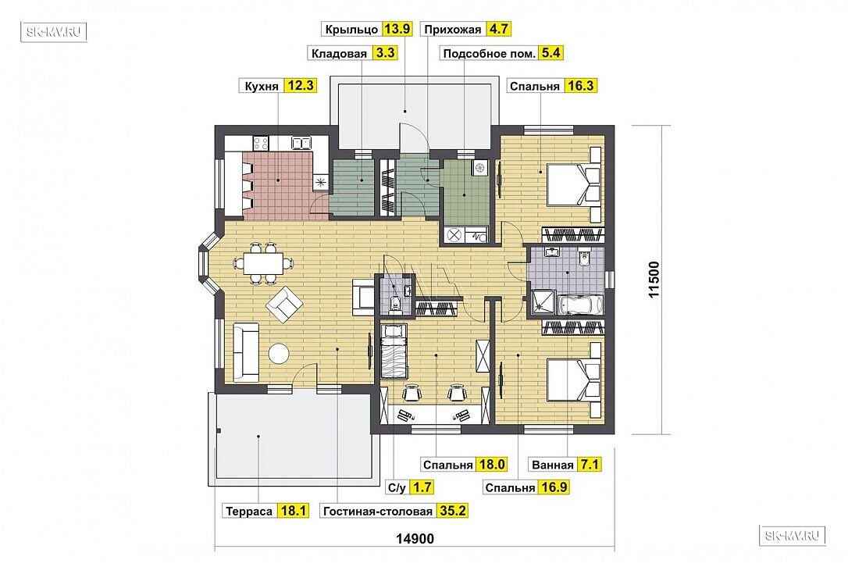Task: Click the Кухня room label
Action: (x=262, y=86)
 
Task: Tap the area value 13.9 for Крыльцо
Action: (x=397, y=29)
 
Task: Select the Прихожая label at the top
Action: (x=452, y=29)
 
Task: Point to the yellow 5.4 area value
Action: (x=551, y=53)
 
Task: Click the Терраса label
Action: (x=249, y=512)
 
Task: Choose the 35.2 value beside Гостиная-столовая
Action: (x=452, y=511)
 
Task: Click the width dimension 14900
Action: (x=415, y=539)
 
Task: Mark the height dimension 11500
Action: (x=654, y=280)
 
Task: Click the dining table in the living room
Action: (x=263, y=263)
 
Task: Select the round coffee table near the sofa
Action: (x=279, y=354)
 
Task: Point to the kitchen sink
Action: (x=301, y=143)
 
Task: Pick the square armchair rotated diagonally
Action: (x=284, y=305)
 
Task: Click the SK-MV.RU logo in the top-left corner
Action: (x=54, y=32)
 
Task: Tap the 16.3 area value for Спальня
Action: (x=580, y=85)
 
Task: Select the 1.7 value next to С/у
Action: (x=422, y=487)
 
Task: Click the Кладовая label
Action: (x=339, y=54)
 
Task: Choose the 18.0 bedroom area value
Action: (x=491, y=464)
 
